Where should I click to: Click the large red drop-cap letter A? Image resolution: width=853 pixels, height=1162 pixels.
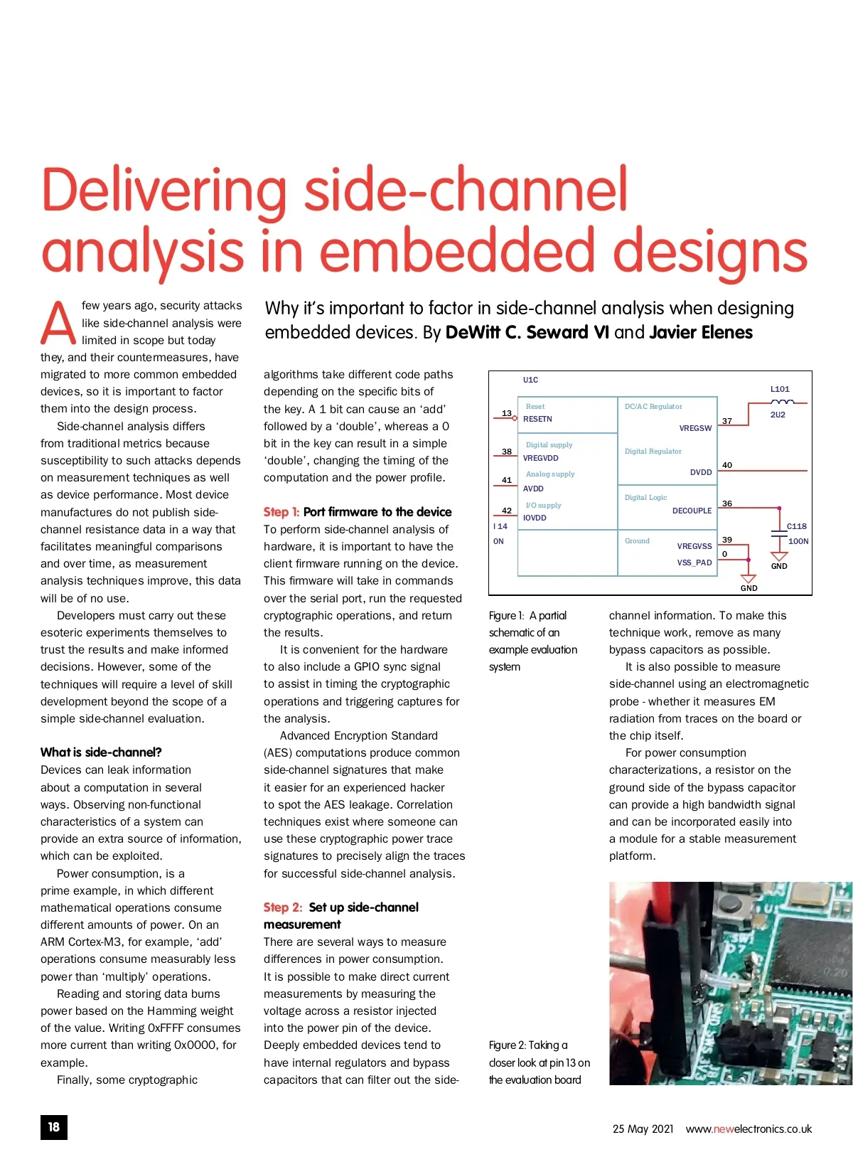[x=58, y=324]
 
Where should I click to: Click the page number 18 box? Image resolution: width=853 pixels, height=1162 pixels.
[x=54, y=1127]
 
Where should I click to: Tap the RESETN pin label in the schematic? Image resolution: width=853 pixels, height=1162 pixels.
[x=537, y=419]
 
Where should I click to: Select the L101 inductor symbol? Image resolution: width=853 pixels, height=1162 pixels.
[x=782, y=402]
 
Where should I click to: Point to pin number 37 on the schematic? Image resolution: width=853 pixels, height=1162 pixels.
[x=727, y=421]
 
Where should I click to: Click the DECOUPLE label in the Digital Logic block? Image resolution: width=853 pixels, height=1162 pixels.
[x=692, y=511]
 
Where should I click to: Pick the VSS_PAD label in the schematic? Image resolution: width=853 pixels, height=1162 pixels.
[x=694, y=563]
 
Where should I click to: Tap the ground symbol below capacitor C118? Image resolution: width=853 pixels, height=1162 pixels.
[x=779, y=555]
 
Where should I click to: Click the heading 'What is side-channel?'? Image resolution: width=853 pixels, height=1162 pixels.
[x=101, y=752]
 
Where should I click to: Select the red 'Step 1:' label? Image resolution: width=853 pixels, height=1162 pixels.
[x=281, y=512]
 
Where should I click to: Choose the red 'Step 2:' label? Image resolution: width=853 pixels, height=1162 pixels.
[x=282, y=907]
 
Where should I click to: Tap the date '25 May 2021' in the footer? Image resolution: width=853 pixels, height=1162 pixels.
[x=643, y=1129]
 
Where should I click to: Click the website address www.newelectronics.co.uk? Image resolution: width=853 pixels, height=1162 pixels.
[x=749, y=1129]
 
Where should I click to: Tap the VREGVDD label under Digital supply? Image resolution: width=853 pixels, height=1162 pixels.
[x=540, y=458]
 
